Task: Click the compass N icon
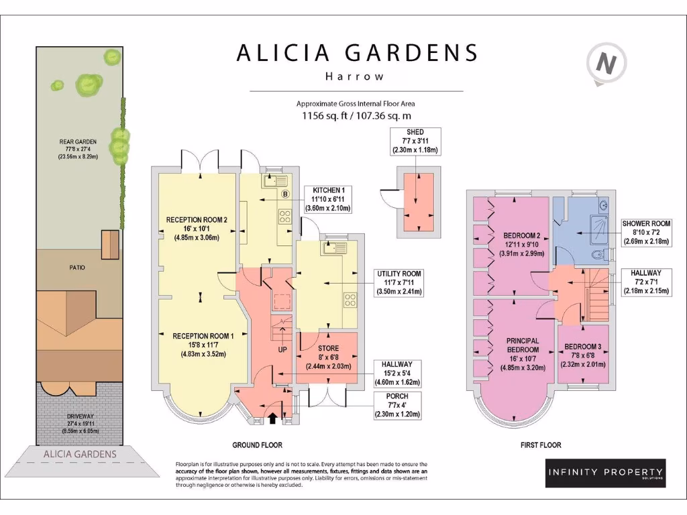pos(607,64)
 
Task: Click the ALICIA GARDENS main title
pos(357,53)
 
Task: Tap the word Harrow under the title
pos(356,76)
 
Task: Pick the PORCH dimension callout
pos(397,405)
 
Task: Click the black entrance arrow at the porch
pos(272,419)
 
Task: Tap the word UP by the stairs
pos(282,349)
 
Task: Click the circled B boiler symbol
pos(285,194)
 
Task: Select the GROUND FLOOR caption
pos(257,445)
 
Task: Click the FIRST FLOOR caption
pos(541,445)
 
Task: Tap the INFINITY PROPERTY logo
pos(605,473)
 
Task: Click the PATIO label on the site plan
pos(78,267)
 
